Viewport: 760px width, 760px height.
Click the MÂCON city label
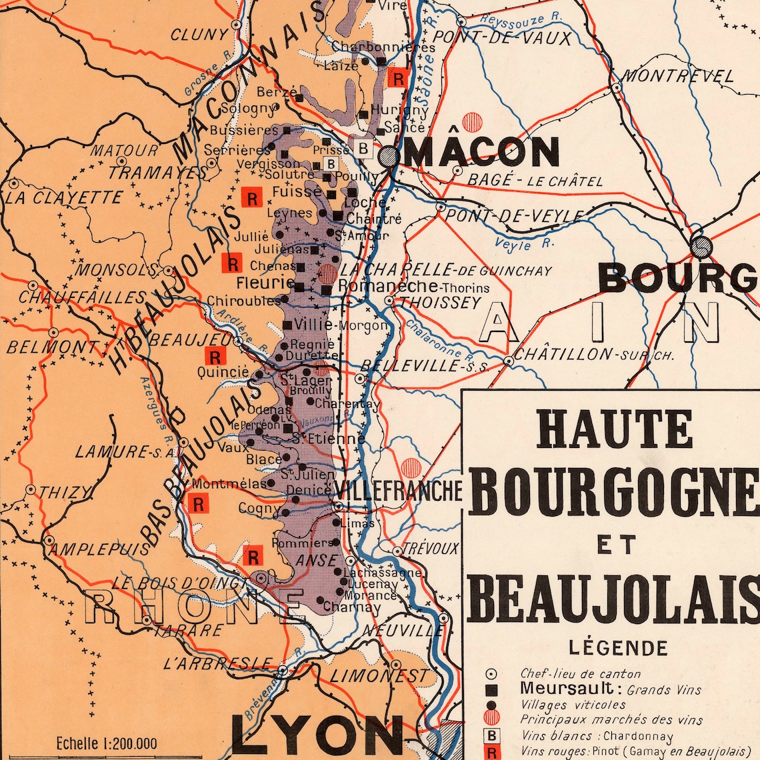point(481,152)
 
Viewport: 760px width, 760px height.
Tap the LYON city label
point(317,737)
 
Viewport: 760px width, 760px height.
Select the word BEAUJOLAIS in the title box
point(613,600)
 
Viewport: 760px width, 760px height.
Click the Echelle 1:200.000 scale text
point(107,743)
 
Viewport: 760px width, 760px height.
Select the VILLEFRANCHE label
point(398,490)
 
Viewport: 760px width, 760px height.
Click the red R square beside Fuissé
point(252,198)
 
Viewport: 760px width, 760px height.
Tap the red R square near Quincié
point(215,357)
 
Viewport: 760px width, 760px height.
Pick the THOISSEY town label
point(440,303)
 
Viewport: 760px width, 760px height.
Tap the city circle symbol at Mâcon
point(389,157)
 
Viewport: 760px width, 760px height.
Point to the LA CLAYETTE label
point(64,197)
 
